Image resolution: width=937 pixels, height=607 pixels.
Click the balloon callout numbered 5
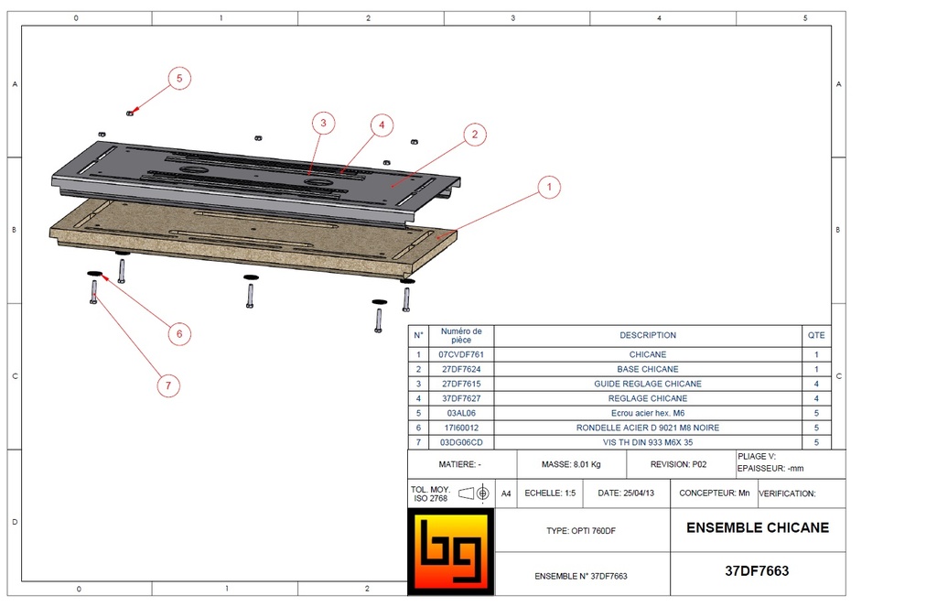178,79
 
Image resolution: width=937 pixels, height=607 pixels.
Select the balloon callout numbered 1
548,188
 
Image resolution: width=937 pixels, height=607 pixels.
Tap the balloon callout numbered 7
167,386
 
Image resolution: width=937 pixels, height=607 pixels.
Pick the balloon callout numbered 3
321,123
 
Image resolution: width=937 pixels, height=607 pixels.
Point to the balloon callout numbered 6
178,334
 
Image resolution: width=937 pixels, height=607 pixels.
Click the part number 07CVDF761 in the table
461,354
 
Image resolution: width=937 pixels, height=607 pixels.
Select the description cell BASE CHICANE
647,369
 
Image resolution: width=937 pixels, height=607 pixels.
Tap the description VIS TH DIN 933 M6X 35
647,442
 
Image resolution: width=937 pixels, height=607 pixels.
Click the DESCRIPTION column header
647,335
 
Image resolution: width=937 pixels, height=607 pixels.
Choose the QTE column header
816,335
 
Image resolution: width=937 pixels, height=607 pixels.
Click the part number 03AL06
461,413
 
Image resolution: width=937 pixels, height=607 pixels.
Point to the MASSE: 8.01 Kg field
571,464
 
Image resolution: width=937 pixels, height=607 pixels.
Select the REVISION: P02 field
678,464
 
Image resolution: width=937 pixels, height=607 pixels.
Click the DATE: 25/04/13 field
626,493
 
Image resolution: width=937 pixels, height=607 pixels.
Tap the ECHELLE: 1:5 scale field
550,493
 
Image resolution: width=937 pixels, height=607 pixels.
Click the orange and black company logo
450,551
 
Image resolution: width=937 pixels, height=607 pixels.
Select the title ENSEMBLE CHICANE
757,527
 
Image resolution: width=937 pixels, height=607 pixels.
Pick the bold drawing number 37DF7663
757,570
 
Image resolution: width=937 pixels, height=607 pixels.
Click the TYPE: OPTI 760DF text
587,531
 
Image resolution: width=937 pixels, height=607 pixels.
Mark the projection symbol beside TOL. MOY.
474,493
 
